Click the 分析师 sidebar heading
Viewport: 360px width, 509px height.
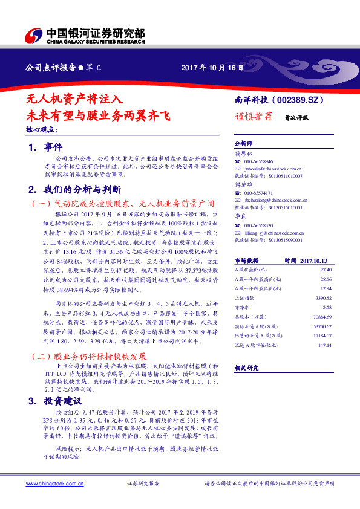point(243,144)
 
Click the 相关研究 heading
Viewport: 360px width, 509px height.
point(246,368)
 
